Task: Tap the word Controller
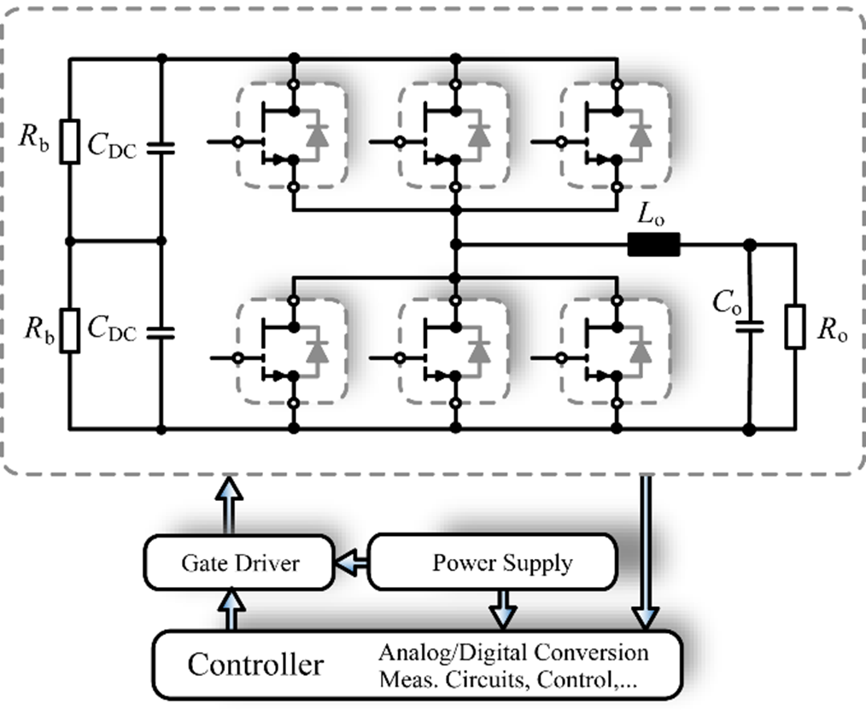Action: [256, 664]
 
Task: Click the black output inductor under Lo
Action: [654, 245]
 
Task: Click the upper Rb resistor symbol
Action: [71, 142]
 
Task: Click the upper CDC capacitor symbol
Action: [161, 147]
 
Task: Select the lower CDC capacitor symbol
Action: [161, 330]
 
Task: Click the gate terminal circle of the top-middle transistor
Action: [395, 140]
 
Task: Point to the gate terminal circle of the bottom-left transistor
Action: [240, 356]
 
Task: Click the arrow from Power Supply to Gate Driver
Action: [353, 562]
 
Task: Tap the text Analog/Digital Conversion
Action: [514, 653]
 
